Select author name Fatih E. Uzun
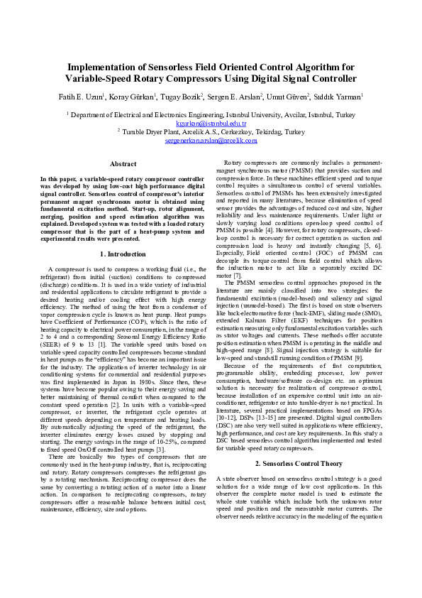pos(81,96)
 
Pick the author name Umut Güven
pos(290,96)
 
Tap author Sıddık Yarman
pos(339,96)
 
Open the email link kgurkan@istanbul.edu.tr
pos(211,123)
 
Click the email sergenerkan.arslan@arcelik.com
pos(211,141)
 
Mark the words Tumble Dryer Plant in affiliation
pos(150,132)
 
